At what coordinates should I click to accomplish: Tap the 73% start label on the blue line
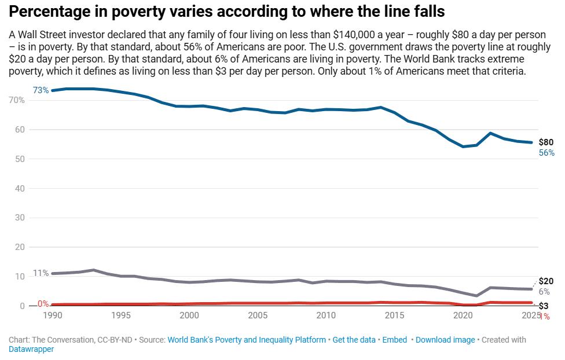coord(41,90)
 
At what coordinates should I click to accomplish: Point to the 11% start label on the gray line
coord(41,273)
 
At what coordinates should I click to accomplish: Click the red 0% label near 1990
coord(43,303)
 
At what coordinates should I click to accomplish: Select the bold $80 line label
coord(546,142)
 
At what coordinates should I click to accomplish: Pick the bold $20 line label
coord(546,281)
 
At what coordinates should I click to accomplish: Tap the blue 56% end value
coord(546,153)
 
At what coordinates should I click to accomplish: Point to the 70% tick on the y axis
coord(17,100)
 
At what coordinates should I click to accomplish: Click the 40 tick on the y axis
coord(20,188)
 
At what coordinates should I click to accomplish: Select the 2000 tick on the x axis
coord(189,315)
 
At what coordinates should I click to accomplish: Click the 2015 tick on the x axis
coord(395,315)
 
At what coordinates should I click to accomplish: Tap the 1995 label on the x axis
coord(121,315)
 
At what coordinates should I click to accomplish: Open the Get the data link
coord(354,340)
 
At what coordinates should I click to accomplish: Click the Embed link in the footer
coord(394,340)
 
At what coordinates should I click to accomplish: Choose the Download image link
coord(445,340)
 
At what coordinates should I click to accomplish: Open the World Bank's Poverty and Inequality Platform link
coord(247,340)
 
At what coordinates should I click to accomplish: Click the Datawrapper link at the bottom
coord(31,350)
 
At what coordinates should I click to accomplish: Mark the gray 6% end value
coord(544,292)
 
